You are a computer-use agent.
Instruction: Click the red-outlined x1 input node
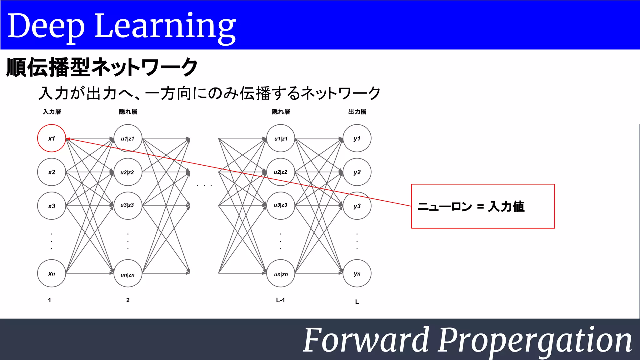pos(52,138)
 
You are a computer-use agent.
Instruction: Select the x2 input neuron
pos(52,172)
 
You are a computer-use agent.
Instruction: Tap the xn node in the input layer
pos(52,273)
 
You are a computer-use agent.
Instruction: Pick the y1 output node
pos(357,138)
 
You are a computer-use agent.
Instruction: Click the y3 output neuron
pos(357,206)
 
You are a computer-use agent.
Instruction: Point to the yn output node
pos(357,273)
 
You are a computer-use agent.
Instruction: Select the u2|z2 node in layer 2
pos(127,172)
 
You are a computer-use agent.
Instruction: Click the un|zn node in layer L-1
pos(281,274)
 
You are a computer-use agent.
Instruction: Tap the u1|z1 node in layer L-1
pos(281,138)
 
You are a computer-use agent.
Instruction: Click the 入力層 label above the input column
pos(52,112)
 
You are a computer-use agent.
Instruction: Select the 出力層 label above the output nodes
pos(357,112)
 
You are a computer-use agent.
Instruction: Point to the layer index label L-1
pos(280,300)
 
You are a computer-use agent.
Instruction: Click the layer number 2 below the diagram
pos(128,300)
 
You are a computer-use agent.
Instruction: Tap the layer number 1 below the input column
pos(49,300)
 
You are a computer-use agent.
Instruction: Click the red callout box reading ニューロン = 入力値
pos(483,206)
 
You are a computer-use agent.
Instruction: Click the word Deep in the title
pos(46,27)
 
